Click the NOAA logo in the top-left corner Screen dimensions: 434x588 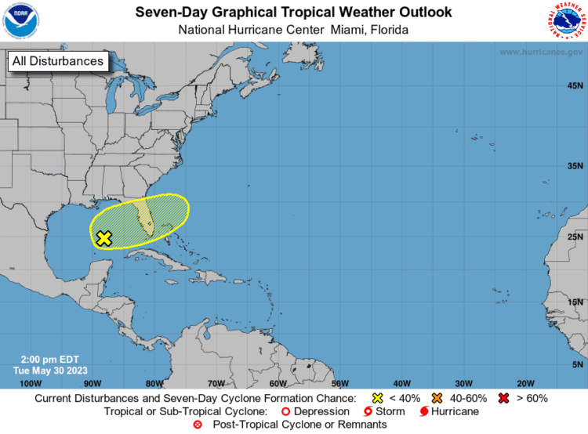20,21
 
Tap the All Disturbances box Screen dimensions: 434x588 57,61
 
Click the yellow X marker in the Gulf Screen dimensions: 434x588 103,238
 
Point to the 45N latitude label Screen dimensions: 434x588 575,86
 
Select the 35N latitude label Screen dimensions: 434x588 575,166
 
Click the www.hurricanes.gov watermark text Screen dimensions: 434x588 541,52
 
